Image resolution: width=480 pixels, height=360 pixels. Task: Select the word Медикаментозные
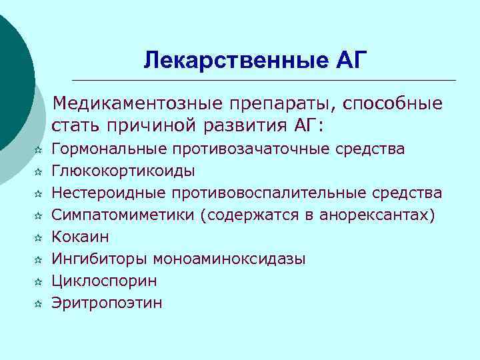point(139,104)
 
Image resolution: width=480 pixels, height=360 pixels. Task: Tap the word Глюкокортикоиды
point(123,171)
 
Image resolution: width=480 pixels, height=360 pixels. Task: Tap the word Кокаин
point(80,237)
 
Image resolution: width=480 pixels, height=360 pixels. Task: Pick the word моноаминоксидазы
point(229,259)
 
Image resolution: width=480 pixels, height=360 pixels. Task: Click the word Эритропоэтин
point(107,303)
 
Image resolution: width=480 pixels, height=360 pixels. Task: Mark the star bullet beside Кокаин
point(39,237)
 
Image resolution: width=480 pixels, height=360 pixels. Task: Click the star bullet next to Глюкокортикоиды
point(39,171)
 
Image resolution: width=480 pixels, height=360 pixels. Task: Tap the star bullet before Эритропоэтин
point(39,303)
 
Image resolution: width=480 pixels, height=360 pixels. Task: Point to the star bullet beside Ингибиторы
point(39,259)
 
